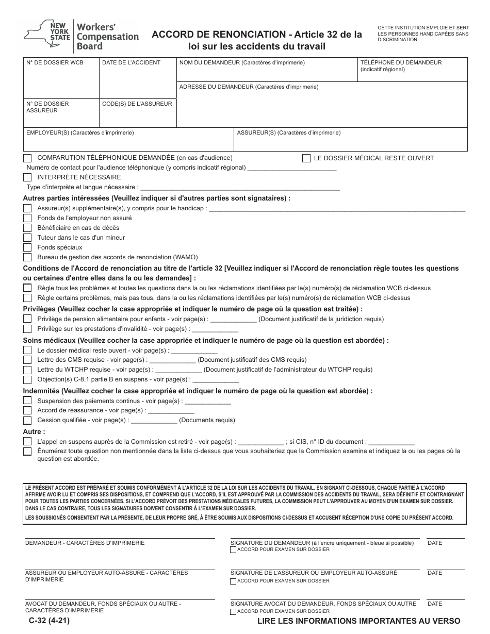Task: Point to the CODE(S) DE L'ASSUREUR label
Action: [x=137, y=104]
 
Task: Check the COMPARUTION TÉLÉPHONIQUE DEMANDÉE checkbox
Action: [x=27, y=158]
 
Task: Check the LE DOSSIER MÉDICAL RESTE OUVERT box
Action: [x=306, y=158]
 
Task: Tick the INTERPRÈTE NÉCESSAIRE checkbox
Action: [x=27, y=177]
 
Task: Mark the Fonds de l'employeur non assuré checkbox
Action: [x=27, y=218]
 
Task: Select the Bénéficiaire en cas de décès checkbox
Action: [x=27, y=228]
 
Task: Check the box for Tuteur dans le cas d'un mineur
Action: [x=27, y=238]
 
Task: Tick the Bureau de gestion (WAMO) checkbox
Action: [x=27, y=257]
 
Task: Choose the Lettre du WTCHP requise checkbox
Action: [x=27, y=370]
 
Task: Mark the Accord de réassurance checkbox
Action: [x=27, y=410]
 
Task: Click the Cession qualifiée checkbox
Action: [x=27, y=420]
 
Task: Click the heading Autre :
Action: [x=34, y=431]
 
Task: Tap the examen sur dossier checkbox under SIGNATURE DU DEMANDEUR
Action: [x=233, y=550]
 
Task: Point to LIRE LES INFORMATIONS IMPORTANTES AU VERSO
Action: [x=359, y=621]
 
